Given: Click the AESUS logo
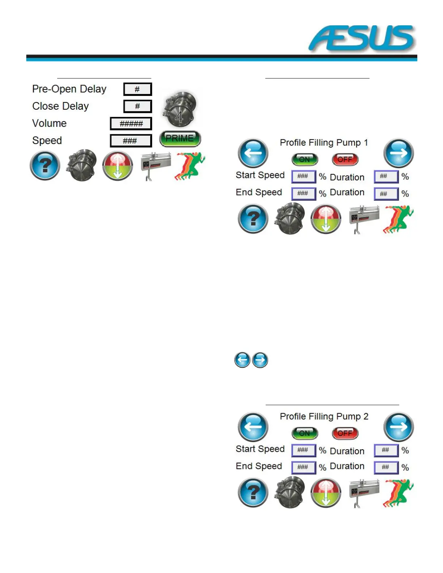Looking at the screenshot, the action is tap(362, 38).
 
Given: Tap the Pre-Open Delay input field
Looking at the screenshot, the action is tap(137, 89).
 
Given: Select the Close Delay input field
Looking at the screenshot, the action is tap(137, 106).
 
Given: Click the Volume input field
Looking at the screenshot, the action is tap(131, 124).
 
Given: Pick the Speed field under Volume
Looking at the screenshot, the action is tap(131, 141).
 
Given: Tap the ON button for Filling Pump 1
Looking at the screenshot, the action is tap(304, 160).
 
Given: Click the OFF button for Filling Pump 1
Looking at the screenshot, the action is tap(345, 160).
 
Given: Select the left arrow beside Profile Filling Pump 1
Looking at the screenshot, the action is tap(253, 153).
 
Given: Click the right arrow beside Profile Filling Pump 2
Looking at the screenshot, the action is tap(398, 427).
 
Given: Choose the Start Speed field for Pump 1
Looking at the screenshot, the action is tap(303, 177).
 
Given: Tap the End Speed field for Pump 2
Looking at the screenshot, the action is tap(303, 467).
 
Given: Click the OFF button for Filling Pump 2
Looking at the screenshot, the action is tap(345, 433).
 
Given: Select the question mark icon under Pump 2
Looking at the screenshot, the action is tap(253, 492).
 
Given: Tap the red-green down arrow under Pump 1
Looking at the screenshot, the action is tap(326, 219).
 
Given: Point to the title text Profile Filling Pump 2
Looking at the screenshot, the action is tap(324, 417).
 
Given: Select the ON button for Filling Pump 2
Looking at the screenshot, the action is tap(304, 433).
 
